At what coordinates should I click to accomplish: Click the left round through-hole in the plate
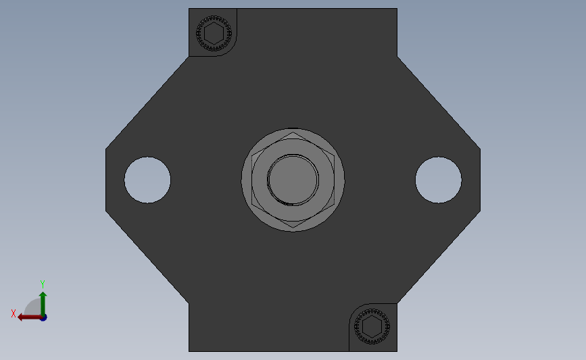point(147,180)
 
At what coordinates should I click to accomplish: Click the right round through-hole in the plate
point(438,180)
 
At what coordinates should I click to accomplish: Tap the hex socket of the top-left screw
point(214,32)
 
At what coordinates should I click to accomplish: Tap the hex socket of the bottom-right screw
point(371,327)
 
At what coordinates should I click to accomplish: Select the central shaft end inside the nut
point(293,180)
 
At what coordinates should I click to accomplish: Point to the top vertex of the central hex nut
point(293,133)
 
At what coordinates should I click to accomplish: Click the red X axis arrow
point(26,317)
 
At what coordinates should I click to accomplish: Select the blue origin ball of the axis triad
point(43,317)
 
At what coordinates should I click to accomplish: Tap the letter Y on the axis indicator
point(42,284)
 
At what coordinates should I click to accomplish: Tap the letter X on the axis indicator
point(14,313)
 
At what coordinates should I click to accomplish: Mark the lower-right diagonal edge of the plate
point(439,258)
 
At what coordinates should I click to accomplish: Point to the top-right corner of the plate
point(396,9)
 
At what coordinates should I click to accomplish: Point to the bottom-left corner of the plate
point(189,351)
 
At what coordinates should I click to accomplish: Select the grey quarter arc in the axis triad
point(31,307)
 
